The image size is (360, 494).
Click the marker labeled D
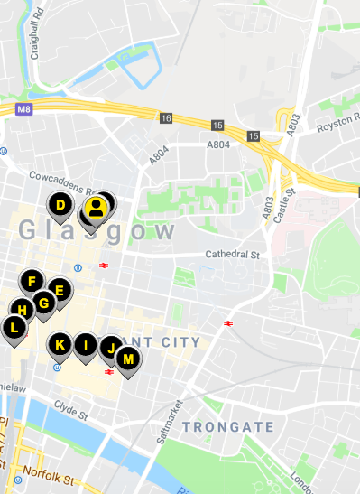pos(60,206)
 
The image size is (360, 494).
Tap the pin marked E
pos(60,291)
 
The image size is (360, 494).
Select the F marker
pos(32,281)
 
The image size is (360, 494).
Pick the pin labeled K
pos(60,345)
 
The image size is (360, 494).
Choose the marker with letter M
pos(128,359)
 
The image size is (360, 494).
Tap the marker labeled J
pos(110,348)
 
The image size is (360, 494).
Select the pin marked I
pos(86,345)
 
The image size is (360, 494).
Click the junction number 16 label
pos(166,118)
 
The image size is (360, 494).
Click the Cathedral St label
pos(232,255)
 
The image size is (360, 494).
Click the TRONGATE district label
pos(226,426)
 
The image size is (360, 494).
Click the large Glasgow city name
pos(97,230)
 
